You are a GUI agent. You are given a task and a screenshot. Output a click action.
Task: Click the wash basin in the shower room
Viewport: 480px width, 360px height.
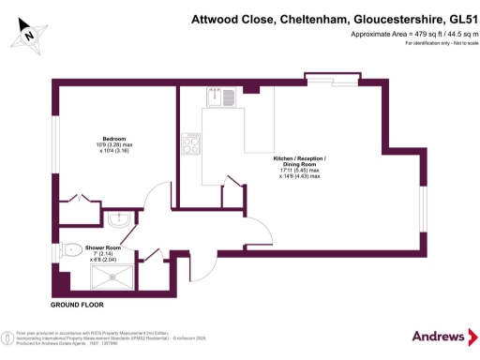point(119,221)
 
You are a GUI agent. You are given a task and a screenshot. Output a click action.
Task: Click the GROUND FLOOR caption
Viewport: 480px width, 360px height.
point(77,306)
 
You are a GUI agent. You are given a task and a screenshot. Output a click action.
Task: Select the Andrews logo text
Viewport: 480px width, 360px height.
point(438,336)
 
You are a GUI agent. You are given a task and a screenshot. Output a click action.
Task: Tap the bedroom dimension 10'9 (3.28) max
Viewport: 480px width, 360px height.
point(114,144)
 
